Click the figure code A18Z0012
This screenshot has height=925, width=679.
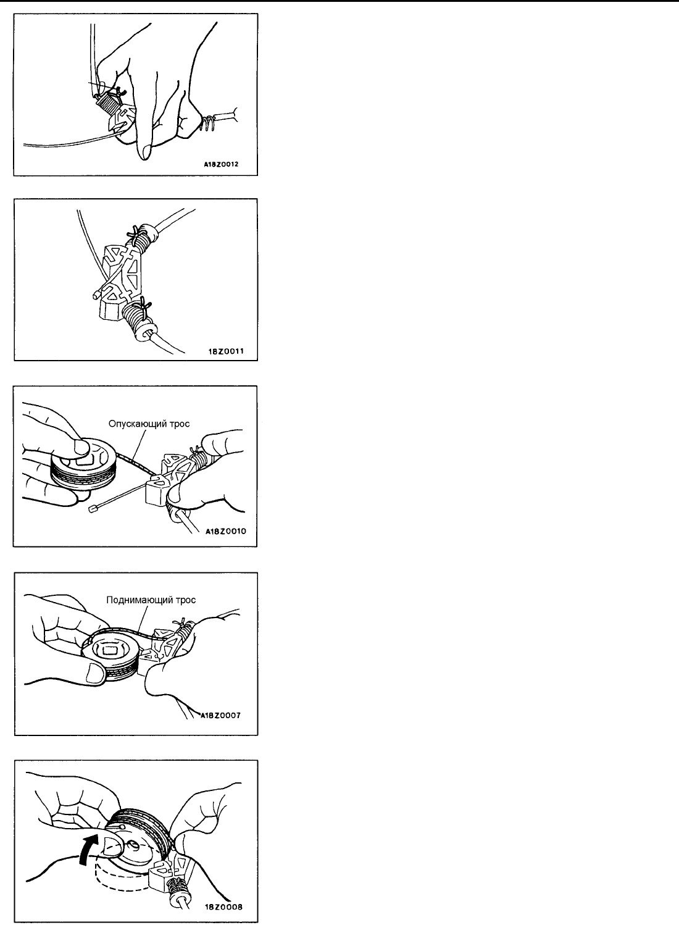[x=221, y=164]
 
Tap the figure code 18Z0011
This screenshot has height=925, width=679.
[x=225, y=351]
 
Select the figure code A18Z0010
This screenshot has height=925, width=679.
[x=226, y=531]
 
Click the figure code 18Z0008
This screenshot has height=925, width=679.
[x=223, y=907]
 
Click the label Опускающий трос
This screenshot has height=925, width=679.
[x=149, y=424]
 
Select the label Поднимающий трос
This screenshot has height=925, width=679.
[x=151, y=600]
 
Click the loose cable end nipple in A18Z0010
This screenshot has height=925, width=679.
[x=92, y=511]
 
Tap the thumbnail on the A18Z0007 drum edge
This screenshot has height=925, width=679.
[x=94, y=674]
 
